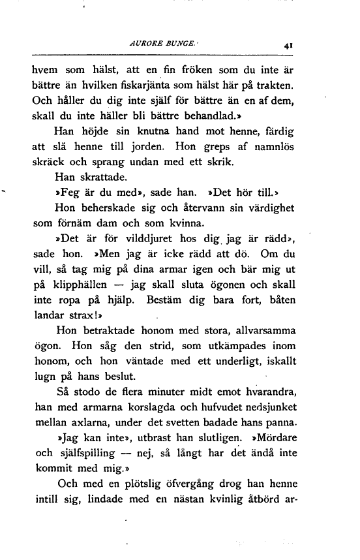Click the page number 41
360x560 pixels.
click(288, 46)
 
